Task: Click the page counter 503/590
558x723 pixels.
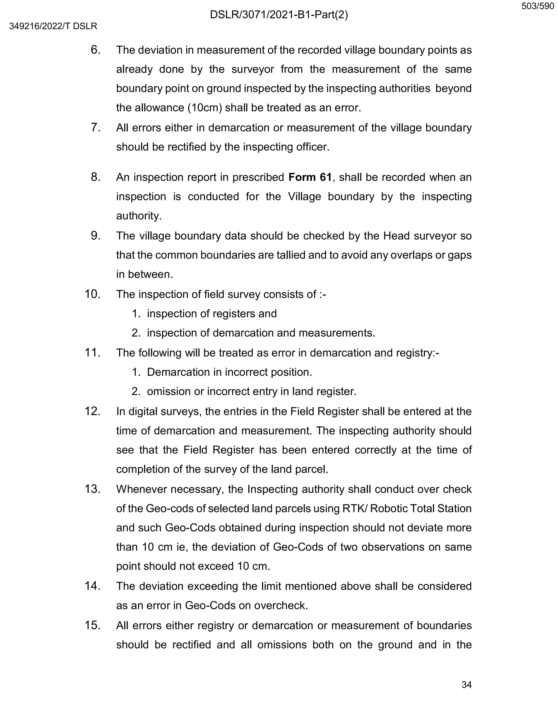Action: tap(538, 6)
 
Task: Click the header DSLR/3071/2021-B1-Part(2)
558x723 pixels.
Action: tap(279, 15)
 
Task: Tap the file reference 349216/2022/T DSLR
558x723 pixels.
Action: tap(53, 26)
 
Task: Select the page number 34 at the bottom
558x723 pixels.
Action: tap(466, 685)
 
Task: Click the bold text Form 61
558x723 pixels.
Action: tap(310, 177)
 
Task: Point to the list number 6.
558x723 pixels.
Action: tap(96, 50)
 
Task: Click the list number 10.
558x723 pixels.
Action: tap(92, 294)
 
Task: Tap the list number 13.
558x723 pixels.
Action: tap(92, 489)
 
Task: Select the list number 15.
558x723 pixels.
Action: tap(92, 625)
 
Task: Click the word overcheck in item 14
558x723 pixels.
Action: tap(281, 605)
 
